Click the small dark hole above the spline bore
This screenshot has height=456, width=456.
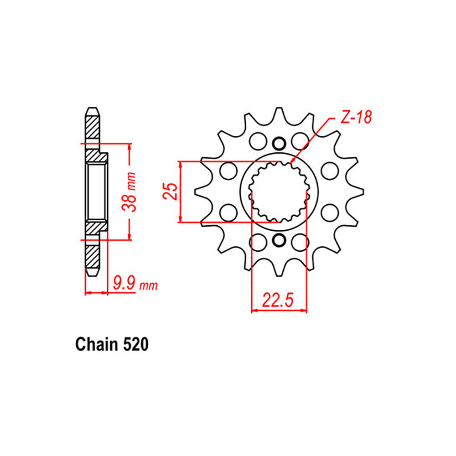coord(278,144)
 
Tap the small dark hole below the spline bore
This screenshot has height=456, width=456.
coord(278,239)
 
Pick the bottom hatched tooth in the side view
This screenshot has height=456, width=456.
coord(92,258)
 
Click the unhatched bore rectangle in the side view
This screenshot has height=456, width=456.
coord(97,192)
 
